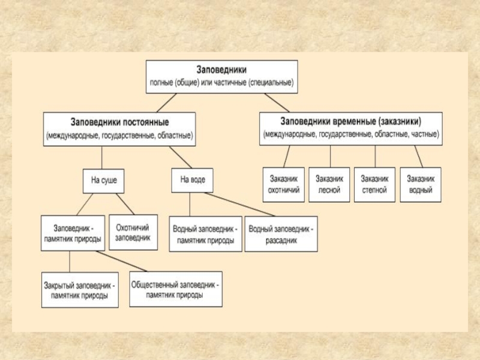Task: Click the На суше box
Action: coord(104,180)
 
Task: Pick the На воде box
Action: coord(192,180)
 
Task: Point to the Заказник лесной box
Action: coord(329,184)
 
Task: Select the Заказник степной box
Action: coord(375,184)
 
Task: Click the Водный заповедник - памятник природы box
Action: coord(205,234)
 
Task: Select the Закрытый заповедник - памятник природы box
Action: coord(80,290)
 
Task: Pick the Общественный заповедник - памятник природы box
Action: coord(175,289)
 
